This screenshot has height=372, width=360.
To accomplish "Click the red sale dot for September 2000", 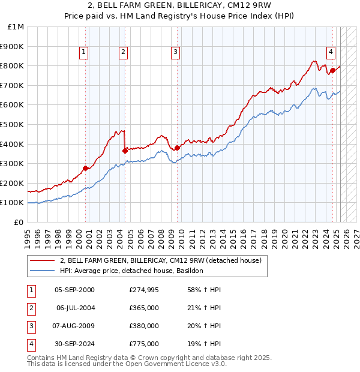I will (x=85, y=168).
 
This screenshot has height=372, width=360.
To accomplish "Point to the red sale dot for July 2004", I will (x=125, y=151).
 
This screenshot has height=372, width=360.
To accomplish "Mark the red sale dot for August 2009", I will (x=178, y=148).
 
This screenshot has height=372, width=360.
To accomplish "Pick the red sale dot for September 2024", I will (x=332, y=70).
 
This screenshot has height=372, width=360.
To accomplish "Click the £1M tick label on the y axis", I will (x=16, y=27).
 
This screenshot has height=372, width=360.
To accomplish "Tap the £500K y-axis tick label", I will (x=13, y=125).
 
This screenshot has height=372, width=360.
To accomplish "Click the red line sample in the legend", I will (x=42, y=261).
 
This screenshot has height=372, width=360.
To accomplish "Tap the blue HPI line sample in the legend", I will (x=42, y=271).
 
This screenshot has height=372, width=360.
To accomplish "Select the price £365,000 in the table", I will (x=143, y=308).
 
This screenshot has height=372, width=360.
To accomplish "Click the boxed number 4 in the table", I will (x=29, y=344).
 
